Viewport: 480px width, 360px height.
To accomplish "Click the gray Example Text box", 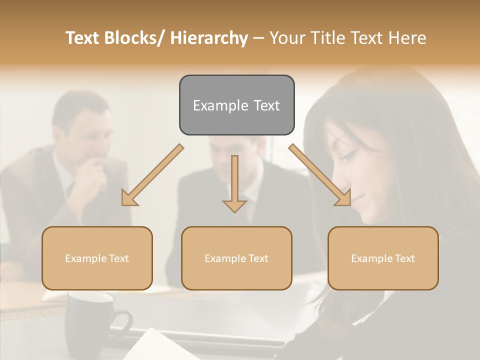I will [236, 105].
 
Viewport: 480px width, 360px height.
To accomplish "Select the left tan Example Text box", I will [97, 258].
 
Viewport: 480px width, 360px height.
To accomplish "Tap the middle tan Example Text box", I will [236, 258].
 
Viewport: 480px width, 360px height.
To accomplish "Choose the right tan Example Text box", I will [383, 258].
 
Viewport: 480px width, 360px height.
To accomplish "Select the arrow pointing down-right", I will [320, 175].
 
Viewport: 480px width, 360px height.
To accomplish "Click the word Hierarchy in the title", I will [208, 38].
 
